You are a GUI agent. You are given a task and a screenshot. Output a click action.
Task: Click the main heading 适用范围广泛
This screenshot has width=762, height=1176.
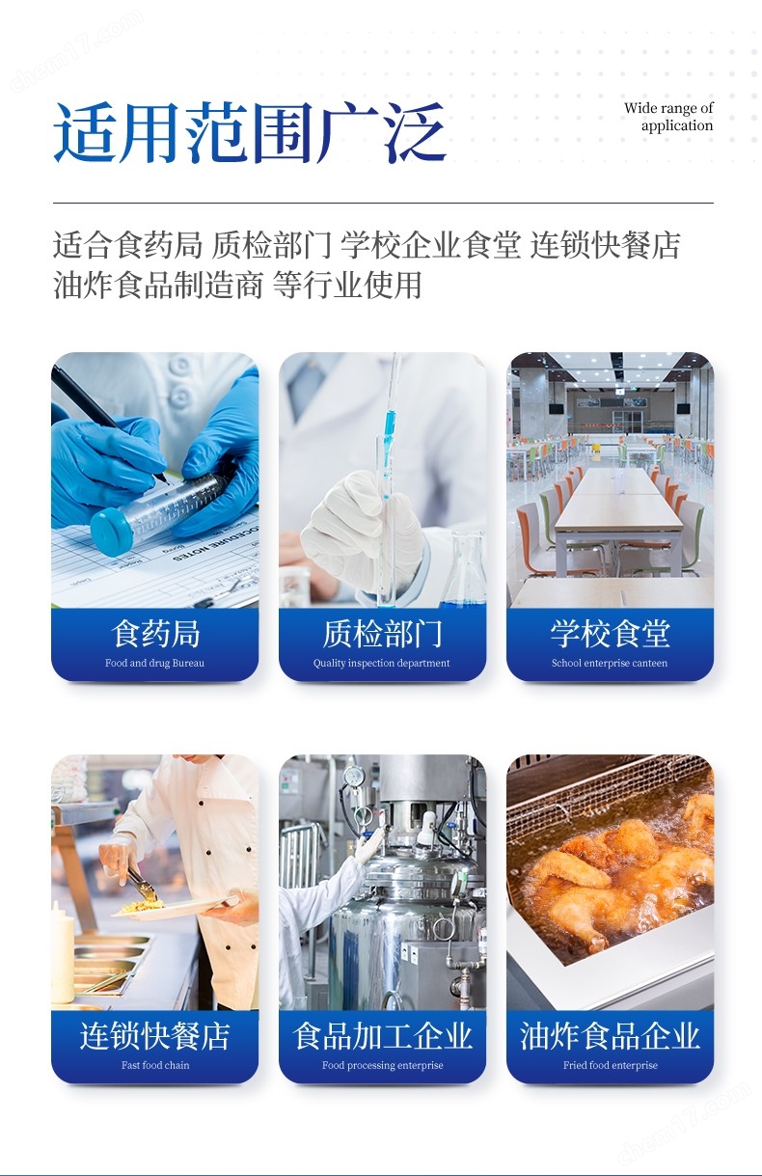pos(250,132)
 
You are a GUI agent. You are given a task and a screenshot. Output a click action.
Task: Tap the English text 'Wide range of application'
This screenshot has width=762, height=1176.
pos(668,117)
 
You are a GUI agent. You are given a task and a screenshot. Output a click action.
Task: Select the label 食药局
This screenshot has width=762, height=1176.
pos(155,633)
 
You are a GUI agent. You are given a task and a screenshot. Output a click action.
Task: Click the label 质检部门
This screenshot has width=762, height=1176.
pos(382,633)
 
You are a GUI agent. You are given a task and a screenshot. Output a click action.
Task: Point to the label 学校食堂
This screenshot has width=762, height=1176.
pos(610,633)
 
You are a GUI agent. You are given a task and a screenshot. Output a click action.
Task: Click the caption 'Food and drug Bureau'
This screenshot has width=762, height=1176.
pos(155,663)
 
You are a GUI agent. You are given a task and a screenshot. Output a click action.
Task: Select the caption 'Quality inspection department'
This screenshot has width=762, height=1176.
pos(382,663)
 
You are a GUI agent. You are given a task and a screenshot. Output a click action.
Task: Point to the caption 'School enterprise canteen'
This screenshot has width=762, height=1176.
pos(610,663)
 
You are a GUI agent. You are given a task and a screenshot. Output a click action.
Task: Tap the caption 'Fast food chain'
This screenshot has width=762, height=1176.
pos(155,1065)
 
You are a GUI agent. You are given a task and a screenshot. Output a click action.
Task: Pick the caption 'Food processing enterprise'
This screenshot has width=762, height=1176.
pos(383,1066)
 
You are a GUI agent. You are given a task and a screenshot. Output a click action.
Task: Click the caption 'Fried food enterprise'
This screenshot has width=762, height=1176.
pos(611,1066)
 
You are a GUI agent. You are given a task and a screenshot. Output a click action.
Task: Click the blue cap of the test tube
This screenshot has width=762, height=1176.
pos(110,532)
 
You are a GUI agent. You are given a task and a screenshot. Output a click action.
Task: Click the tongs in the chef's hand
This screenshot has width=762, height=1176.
pos(141,883)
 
